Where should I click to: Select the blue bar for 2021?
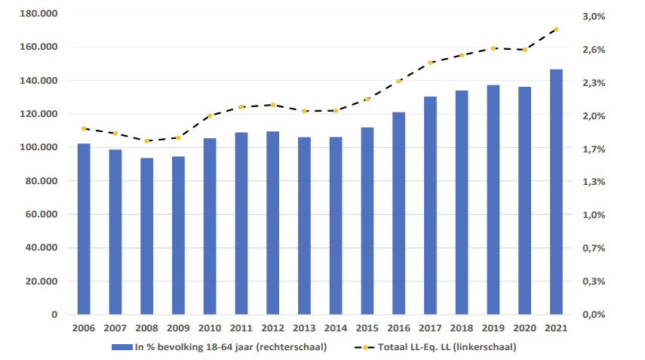[556, 192]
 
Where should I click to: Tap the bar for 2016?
[398, 213]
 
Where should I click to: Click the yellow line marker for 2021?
[556, 29]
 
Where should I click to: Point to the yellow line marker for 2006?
[84, 128]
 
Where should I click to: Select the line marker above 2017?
[430, 63]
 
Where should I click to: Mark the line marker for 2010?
[210, 115]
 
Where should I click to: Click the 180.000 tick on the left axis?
[40, 14]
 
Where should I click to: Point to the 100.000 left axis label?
[40, 147]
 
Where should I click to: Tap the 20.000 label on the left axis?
[42, 281]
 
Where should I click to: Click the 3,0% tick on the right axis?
[594, 16]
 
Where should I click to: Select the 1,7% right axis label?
[594, 149]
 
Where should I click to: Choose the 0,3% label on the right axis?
[594, 281]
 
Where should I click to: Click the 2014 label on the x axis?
[336, 328]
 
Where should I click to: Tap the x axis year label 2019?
[493, 328]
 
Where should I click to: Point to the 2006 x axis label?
[84, 328]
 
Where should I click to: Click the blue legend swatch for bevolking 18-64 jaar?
[121, 347]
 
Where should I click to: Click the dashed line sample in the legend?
[367, 347]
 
